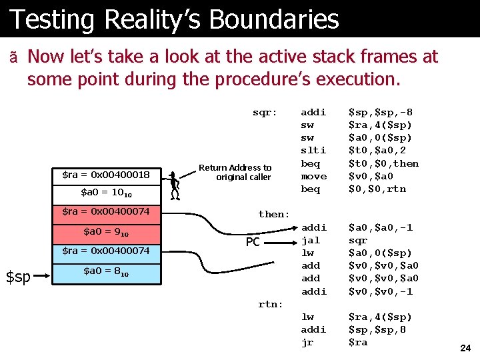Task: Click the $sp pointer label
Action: point(19,276)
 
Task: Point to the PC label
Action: point(253,242)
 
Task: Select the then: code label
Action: point(274,214)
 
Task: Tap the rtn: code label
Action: point(271,305)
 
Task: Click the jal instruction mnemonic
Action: point(311,240)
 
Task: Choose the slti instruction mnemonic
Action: point(313,151)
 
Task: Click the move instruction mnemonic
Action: point(314,176)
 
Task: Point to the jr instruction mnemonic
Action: point(308,342)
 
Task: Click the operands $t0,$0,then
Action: point(383,163)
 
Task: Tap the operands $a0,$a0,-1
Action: point(381,227)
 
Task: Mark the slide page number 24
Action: point(465,347)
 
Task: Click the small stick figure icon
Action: point(174,185)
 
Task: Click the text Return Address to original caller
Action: point(235,172)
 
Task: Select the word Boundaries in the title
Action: point(274,19)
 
